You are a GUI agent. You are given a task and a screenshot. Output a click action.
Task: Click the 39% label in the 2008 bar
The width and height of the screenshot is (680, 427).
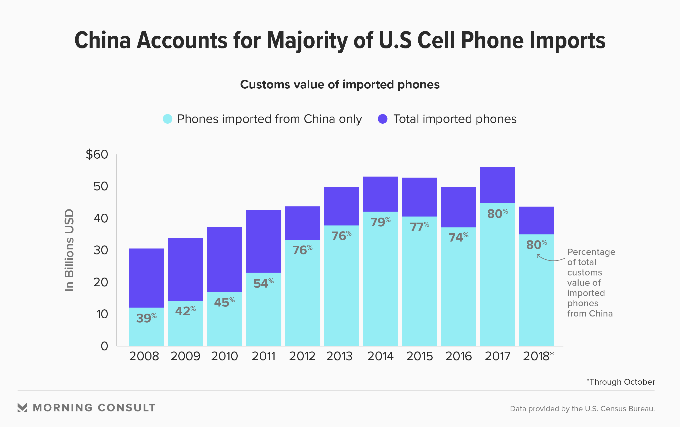[146, 318]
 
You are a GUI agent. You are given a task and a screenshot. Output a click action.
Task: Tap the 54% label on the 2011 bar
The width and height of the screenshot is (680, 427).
[263, 283]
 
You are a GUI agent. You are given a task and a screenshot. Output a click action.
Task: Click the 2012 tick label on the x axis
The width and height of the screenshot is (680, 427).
[302, 356]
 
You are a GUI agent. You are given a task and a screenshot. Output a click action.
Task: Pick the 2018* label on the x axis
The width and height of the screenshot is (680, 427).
[538, 356]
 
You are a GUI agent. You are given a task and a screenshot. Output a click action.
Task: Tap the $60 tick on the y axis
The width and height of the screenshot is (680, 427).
[97, 154]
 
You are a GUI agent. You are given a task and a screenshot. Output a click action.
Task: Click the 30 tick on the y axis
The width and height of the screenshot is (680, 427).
[101, 250]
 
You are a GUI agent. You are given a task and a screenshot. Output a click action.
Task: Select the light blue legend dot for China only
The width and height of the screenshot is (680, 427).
[168, 119]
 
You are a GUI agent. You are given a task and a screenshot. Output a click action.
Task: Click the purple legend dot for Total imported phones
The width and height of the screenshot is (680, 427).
[383, 119]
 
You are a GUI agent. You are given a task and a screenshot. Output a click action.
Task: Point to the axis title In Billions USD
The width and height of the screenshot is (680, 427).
[70, 250]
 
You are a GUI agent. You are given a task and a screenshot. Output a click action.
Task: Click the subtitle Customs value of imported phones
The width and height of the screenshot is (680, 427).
[340, 84]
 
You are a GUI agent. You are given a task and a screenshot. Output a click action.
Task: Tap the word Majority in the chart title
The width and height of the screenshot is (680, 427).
[307, 41]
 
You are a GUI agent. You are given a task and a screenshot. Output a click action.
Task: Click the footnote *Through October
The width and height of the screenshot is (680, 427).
[620, 381]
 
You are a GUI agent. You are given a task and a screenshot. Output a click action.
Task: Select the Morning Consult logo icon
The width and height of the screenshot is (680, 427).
[22, 408]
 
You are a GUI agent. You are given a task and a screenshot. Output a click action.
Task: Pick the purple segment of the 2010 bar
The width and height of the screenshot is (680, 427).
[224, 259]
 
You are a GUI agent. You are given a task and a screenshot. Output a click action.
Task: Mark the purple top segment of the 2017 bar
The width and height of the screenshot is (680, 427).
[498, 185]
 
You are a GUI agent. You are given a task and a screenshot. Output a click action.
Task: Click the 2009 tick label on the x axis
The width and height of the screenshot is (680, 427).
[185, 356]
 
